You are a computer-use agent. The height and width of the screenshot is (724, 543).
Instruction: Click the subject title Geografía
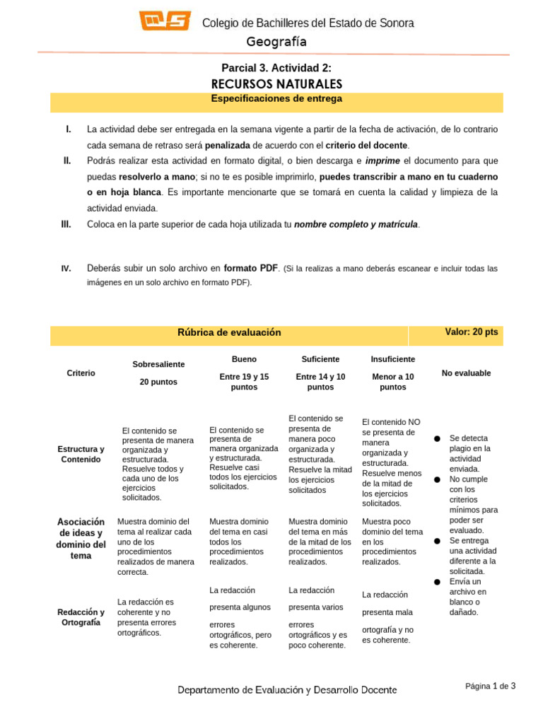276,42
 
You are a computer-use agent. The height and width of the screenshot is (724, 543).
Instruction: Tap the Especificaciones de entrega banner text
276,99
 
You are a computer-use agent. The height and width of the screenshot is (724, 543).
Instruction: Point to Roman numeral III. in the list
67,224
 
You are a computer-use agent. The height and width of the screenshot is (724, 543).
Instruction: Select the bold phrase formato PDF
250,269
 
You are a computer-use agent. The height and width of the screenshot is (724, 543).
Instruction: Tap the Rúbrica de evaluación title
229,332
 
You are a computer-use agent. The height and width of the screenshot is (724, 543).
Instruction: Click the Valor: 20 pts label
472,332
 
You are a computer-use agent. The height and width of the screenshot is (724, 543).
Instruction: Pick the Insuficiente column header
392,359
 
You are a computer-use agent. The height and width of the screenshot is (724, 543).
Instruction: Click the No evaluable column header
466,373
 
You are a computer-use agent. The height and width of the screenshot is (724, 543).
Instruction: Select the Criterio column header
81,373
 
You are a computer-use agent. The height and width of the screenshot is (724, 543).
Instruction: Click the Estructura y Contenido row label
81,454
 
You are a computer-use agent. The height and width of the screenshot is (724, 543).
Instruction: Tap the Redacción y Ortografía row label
81,617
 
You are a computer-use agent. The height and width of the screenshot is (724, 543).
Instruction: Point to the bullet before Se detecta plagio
437,439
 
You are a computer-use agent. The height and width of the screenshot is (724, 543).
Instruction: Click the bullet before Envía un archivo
437,581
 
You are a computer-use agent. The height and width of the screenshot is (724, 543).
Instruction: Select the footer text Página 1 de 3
490,686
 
